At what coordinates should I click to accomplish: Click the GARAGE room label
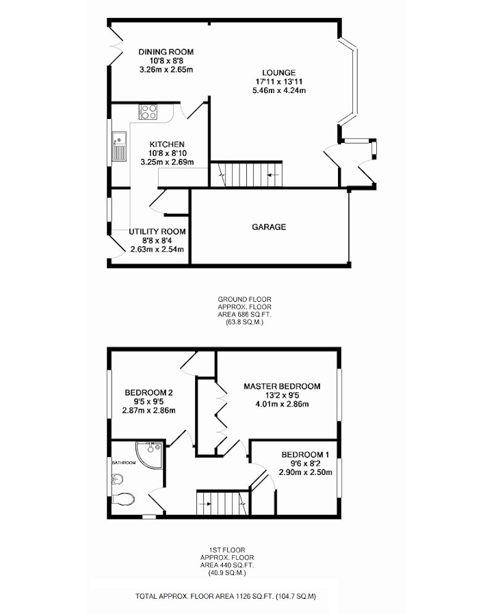coord(269,227)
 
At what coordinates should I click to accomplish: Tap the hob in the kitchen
coord(148,111)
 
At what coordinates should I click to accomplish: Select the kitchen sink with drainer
coord(119,147)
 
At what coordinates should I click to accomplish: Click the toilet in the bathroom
coord(123,498)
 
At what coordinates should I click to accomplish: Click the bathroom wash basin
coord(117,479)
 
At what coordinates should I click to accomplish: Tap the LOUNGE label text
coord(279,73)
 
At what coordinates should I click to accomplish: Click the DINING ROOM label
coord(166,52)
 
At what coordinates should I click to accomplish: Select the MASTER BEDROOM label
coord(282,386)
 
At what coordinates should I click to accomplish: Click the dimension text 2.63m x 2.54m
coord(157,249)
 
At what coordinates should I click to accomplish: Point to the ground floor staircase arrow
coord(273,174)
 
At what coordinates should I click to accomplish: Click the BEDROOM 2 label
coord(149,392)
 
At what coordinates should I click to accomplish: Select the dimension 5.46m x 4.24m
coord(279,91)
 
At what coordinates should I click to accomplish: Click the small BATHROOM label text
coord(124,463)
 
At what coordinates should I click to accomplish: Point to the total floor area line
coord(226,596)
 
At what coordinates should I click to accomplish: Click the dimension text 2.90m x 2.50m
coord(305,472)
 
